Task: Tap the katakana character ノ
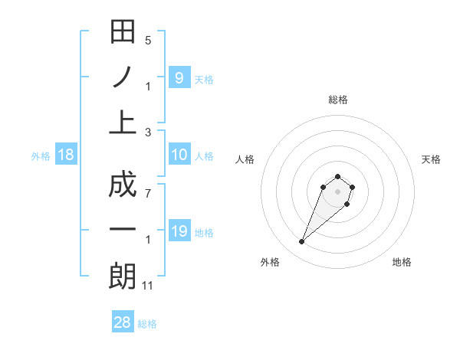click(x=123, y=78)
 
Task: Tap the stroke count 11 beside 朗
click(x=149, y=286)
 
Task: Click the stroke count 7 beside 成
click(x=148, y=194)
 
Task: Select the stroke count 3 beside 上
click(x=148, y=133)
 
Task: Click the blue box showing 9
click(x=179, y=77)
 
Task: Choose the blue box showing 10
click(x=179, y=155)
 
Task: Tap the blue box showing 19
click(x=179, y=231)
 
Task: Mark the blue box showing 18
click(x=66, y=155)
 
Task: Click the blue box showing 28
click(x=123, y=322)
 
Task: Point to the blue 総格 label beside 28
click(x=147, y=324)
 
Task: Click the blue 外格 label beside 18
click(x=41, y=156)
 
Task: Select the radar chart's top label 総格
click(x=337, y=100)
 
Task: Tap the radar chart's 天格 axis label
click(x=431, y=159)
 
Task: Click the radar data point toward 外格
click(x=301, y=242)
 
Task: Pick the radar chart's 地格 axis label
click(x=402, y=262)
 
